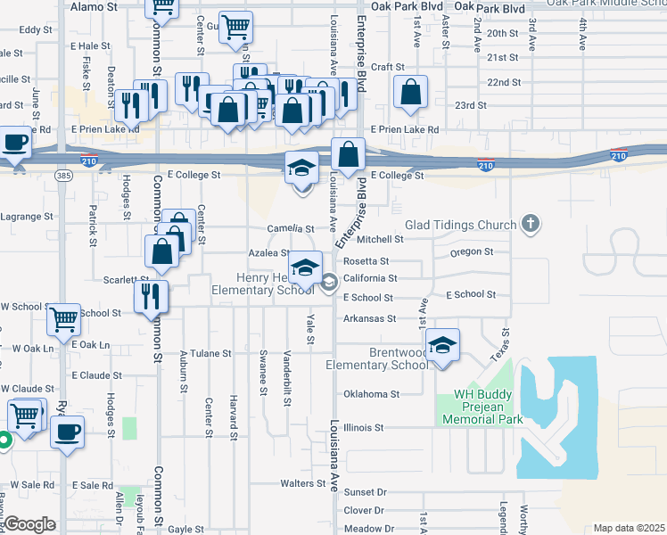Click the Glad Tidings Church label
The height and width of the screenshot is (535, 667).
click(461, 225)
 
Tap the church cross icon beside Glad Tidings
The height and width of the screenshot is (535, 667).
click(531, 223)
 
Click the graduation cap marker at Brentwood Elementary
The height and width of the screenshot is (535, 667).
click(442, 345)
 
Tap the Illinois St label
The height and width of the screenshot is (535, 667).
click(363, 427)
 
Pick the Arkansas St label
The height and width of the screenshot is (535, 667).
click(369, 318)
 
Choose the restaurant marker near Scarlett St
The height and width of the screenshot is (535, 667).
click(151, 295)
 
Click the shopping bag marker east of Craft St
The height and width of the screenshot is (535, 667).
click(410, 91)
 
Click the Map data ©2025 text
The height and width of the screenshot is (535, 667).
click(628, 528)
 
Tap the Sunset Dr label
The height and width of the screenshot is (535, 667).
click(365, 491)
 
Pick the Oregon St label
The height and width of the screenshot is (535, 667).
click(472, 252)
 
